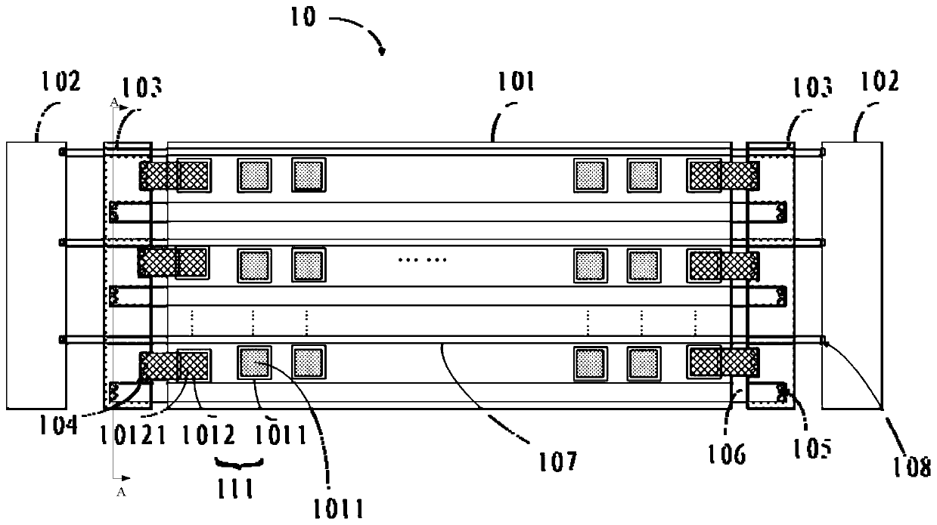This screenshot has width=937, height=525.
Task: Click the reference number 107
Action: (x=557, y=459)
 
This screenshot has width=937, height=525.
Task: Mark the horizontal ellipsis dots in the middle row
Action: (x=423, y=260)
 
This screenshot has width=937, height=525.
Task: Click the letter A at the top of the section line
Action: (x=113, y=101)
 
